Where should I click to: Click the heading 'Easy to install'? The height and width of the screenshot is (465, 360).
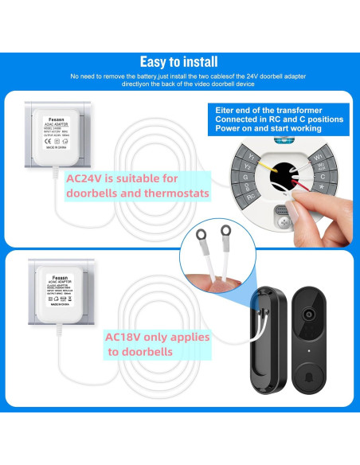click(179, 61)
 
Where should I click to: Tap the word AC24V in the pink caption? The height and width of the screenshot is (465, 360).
click(85, 178)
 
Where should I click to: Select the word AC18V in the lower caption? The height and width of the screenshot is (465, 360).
click(123, 337)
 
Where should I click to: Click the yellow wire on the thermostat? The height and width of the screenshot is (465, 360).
click(263, 165)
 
